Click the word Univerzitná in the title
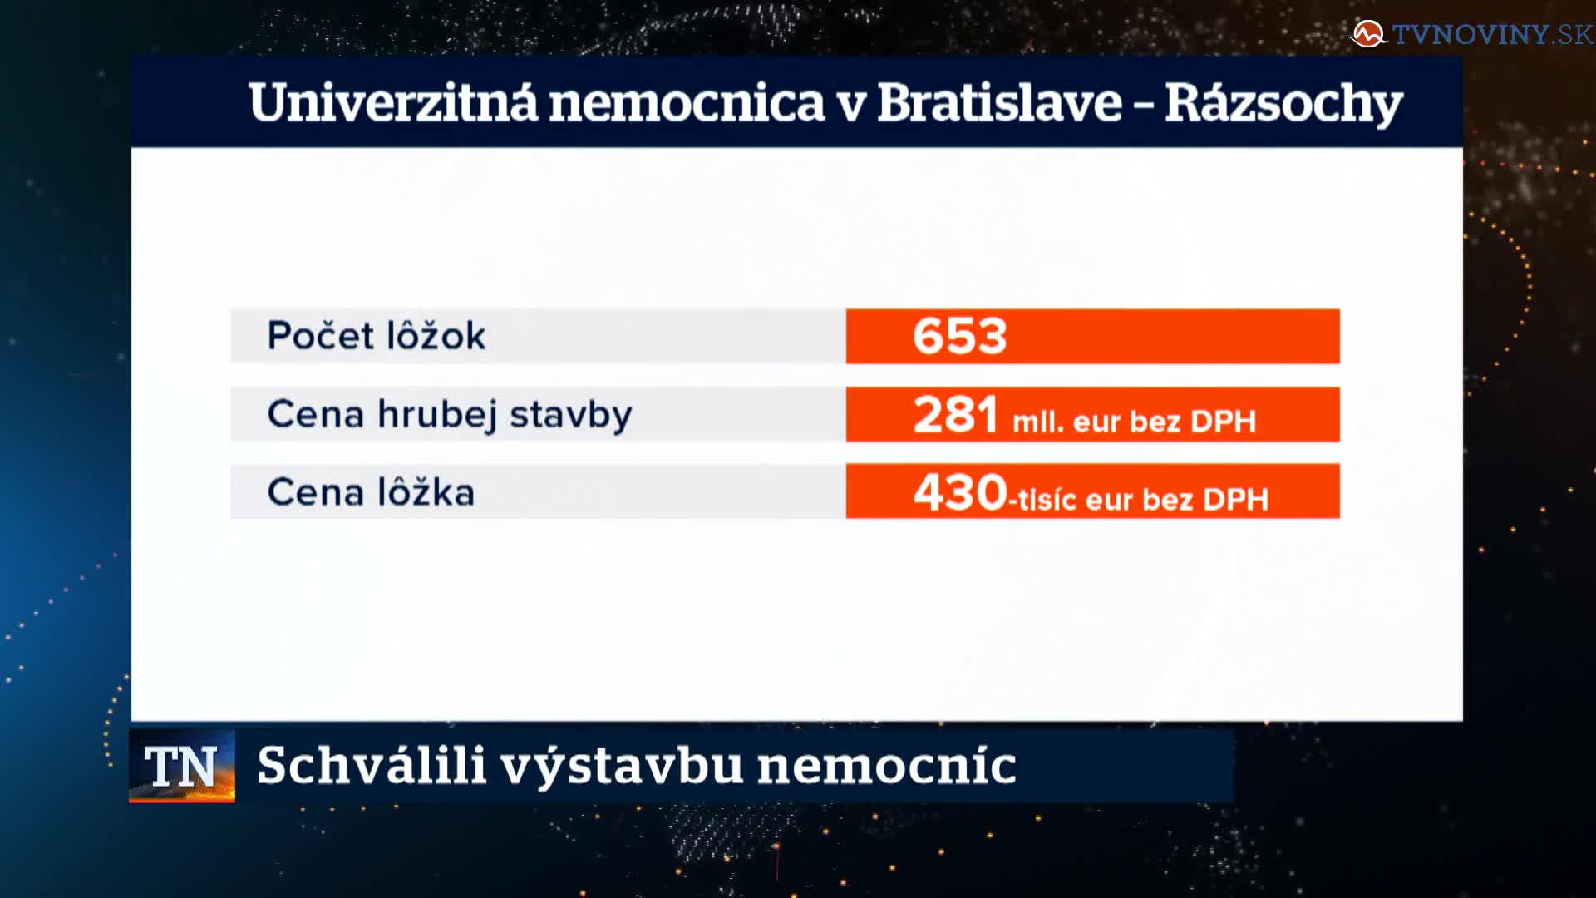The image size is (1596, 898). click(x=393, y=103)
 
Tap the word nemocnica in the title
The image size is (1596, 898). click(x=687, y=103)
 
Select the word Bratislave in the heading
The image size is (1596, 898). click(x=999, y=103)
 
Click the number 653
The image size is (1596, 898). click(x=960, y=336)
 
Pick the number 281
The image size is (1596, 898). click(x=955, y=414)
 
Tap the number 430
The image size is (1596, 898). click(x=960, y=491)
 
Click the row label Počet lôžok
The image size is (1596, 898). click(x=376, y=335)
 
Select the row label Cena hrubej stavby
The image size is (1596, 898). click(x=450, y=415)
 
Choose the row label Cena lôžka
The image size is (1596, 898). click(x=371, y=491)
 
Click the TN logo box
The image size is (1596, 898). click(x=182, y=766)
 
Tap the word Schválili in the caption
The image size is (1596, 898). click(x=371, y=765)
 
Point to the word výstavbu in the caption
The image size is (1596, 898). click(x=622, y=767)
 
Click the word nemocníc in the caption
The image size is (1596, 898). click(x=887, y=765)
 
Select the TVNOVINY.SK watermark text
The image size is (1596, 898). click(x=1493, y=34)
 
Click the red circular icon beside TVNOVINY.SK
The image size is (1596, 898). click(x=1368, y=34)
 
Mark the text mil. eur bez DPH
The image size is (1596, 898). click(x=1134, y=422)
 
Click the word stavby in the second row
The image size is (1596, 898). click(x=570, y=415)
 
